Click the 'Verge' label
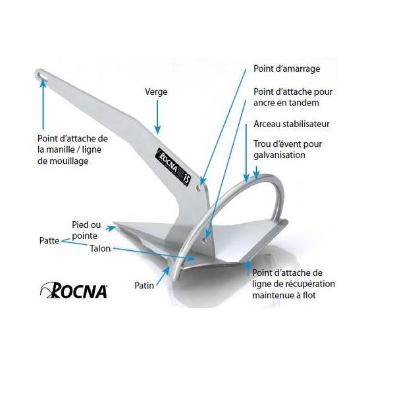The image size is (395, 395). [x=156, y=92]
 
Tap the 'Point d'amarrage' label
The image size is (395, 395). [x=286, y=68]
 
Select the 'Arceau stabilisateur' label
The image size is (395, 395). [x=292, y=124]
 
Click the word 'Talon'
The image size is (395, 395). [x=100, y=249]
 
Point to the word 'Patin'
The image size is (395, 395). [x=144, y=286]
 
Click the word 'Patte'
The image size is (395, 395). [x=49, y=240]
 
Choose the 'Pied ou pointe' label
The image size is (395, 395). [x=86, y=230]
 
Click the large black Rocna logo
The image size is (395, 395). [x=74, y=290]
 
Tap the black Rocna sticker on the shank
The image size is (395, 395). [x=172, y=166]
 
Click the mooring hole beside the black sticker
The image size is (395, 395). [x=199, y=188]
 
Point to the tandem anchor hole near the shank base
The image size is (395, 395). [x=205, y=241]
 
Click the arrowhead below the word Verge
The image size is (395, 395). [x=157, y=130]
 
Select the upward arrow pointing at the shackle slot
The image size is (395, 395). [x=43, y=105]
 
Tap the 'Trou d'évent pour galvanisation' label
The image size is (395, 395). [x=288, y=149]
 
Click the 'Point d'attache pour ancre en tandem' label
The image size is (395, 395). [x=293, y=97]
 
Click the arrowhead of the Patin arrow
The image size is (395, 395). [x=167, y=270]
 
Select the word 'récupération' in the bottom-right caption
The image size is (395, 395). [x=310, y=284]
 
